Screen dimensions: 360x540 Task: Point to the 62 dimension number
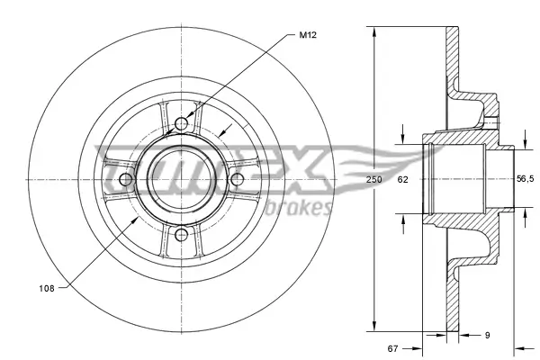403,181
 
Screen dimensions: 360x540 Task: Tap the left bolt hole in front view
125,180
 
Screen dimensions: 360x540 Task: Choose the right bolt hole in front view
238,180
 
